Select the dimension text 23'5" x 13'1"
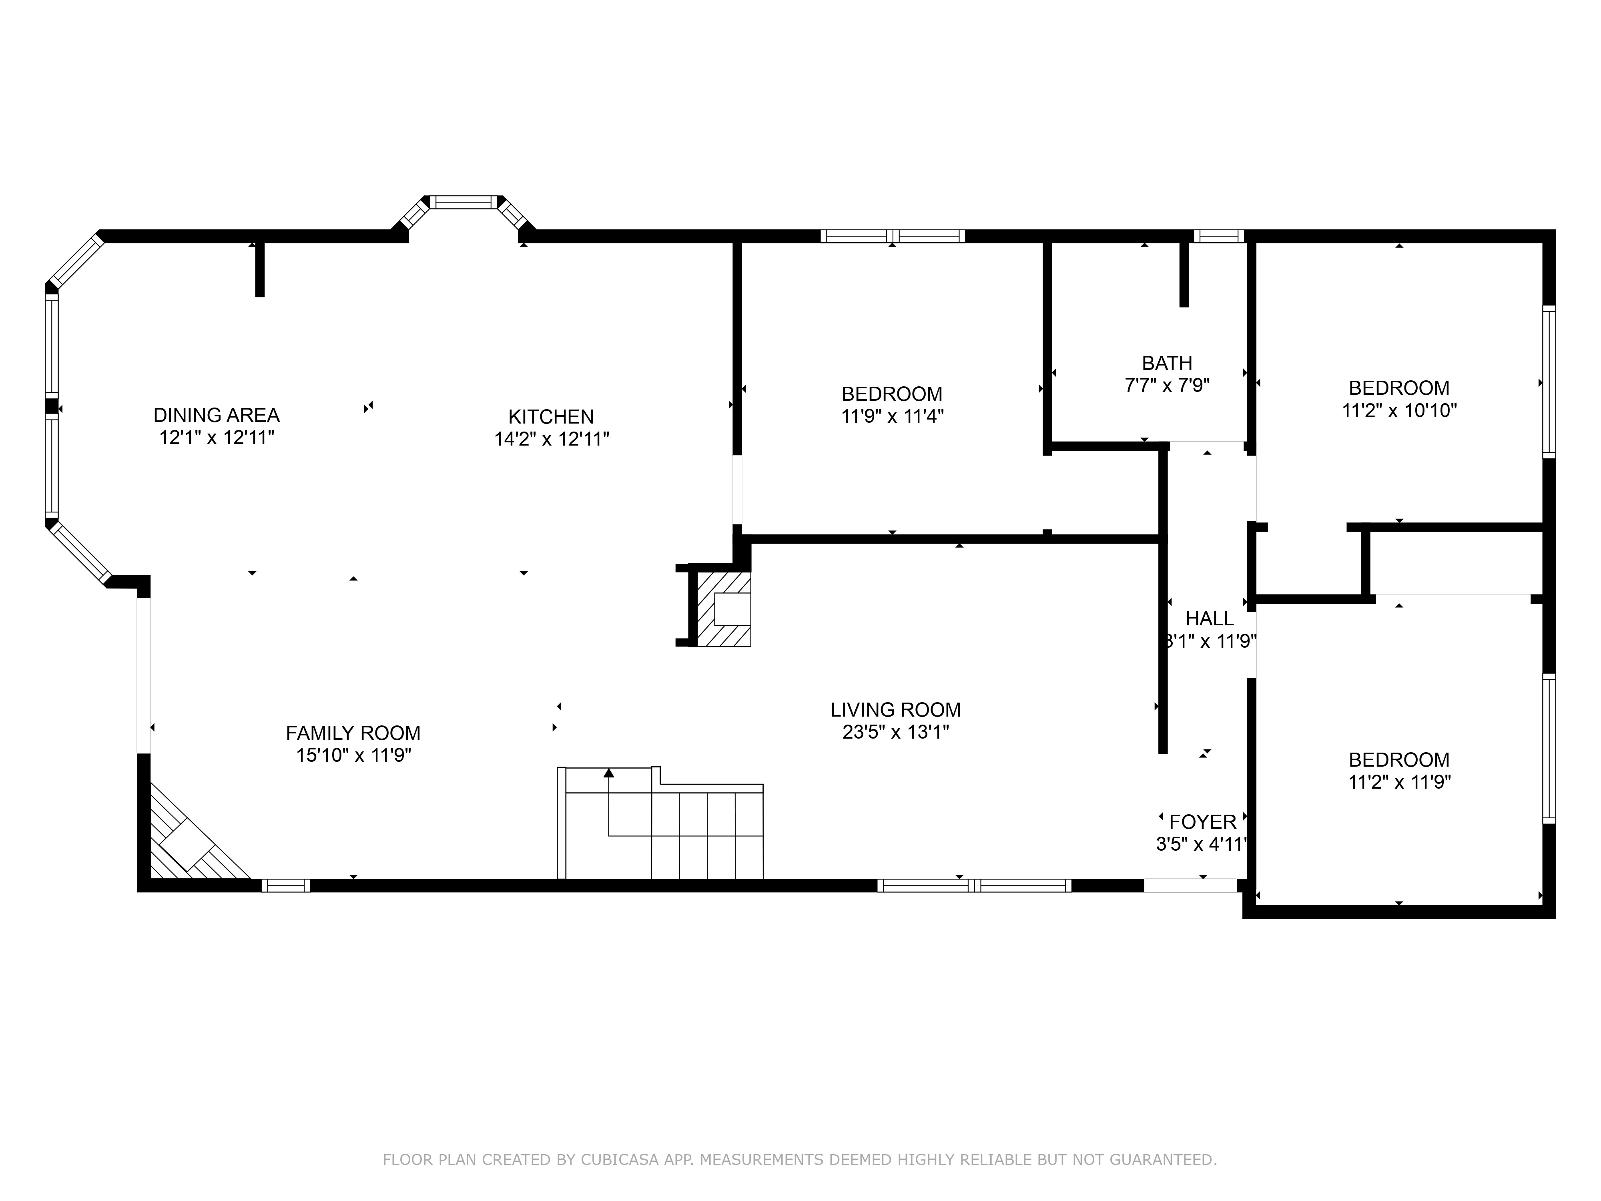coord(895,732)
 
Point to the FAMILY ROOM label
coord(353,733)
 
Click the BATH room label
coord(1167,363)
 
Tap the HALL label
coord(1210,619)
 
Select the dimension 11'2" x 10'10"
coord(1399,410)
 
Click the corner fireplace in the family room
coord(192,840)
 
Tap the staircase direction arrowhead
coord(609,773)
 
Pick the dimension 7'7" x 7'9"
coord(1167,385)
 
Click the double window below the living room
coord(974,886)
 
